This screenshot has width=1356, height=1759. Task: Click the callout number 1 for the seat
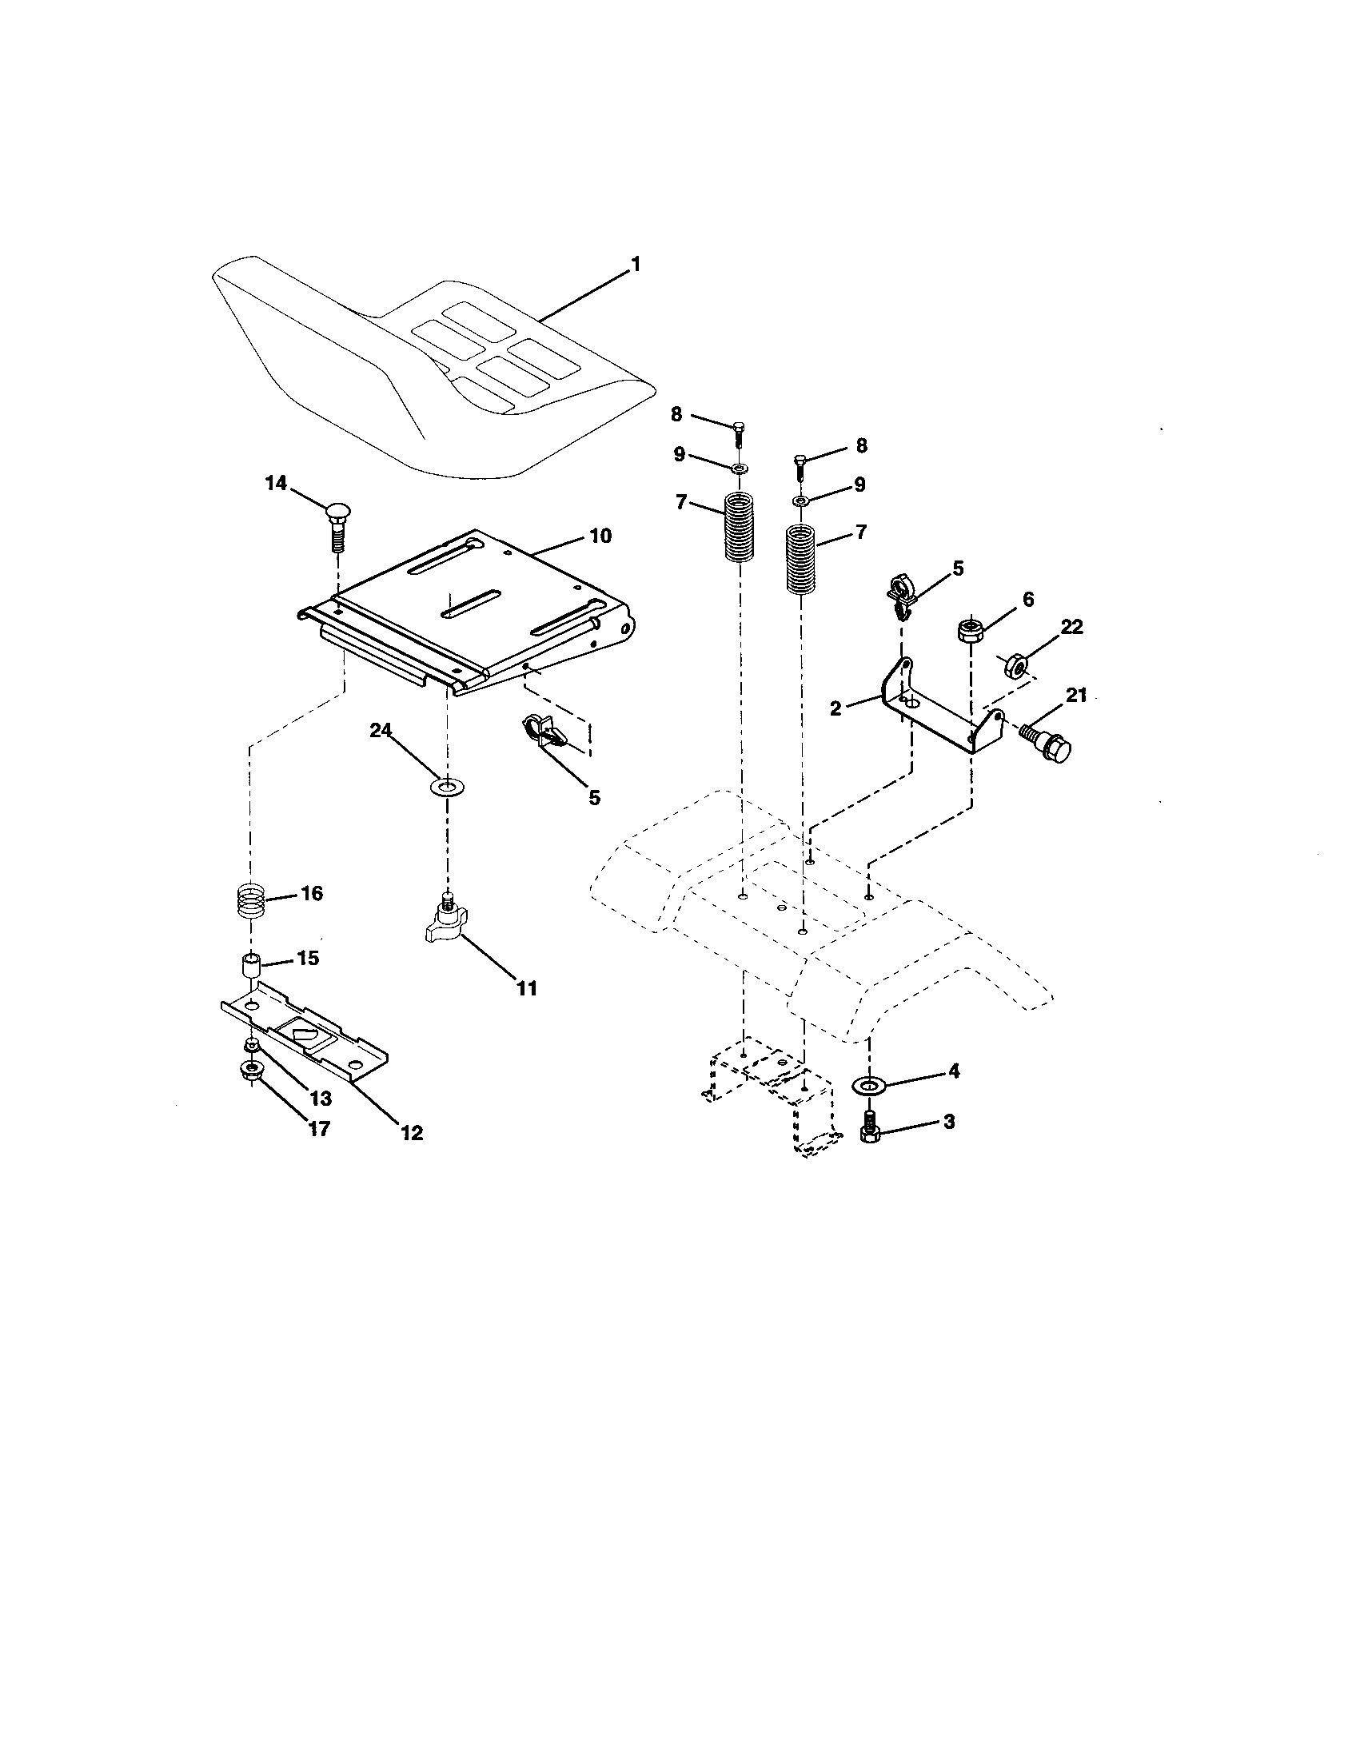click(636, 263)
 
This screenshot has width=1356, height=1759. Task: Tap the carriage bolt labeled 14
click(337, 525)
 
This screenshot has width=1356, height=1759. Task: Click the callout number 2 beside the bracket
click(835, 708)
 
